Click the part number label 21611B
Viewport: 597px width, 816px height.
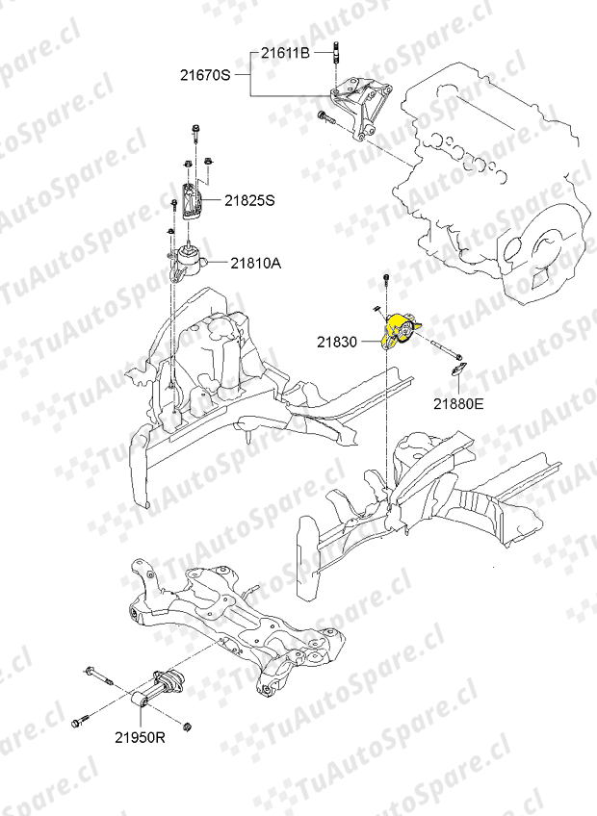[x=285, y=53]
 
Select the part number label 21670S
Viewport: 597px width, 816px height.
[x=205, y=75]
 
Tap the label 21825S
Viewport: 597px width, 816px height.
[x=249, y=200]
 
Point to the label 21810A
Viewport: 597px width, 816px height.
[x=256, y=264]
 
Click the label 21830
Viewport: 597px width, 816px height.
[x=337, y=342]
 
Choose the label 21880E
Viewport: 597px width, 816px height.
[x=458, y=403]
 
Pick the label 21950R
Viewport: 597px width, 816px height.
[x=141, y=737]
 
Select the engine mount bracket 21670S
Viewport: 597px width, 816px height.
[x=367, y=107]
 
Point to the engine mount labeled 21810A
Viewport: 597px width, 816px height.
[x=188, y=263]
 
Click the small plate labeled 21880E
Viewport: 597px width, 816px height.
[x=458, y=370]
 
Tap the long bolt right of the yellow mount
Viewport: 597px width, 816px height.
[x=447, y=349]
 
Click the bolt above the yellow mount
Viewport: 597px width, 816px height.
[x=386, y=281]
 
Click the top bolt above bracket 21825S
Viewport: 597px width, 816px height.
[x=195, y=134]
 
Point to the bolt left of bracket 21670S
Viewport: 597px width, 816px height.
[x=325, y=118]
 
